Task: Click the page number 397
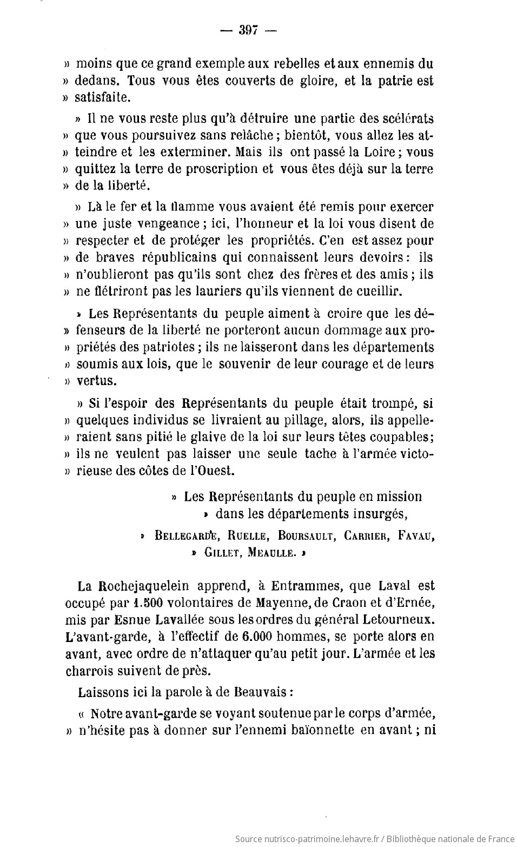pos(248,30)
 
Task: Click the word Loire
pos(383,152)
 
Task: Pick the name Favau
pos(416,536)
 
